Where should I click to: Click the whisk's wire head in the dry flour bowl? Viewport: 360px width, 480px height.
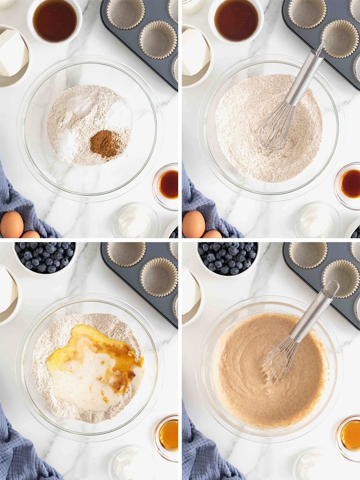274,126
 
